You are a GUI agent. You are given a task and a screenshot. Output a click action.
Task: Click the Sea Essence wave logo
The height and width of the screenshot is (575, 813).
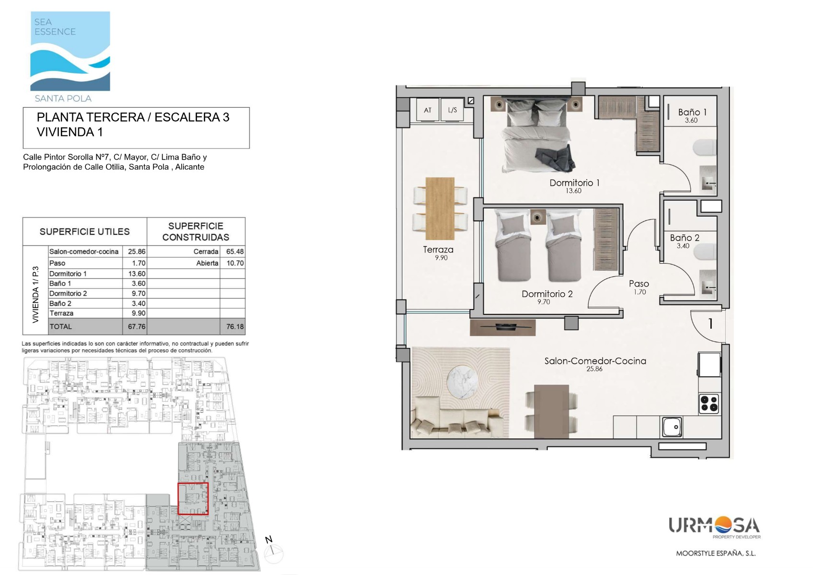[x=70, y=51]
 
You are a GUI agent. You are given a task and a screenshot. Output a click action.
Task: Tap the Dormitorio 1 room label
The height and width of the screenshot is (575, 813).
[x=574, y=183]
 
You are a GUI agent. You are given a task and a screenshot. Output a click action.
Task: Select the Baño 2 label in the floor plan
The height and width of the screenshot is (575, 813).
[x=685, y=238]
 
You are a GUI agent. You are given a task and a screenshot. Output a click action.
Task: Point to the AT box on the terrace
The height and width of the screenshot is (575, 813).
[x=428, y=110]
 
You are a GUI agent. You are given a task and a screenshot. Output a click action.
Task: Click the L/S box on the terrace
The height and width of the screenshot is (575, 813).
[x=452, y=110]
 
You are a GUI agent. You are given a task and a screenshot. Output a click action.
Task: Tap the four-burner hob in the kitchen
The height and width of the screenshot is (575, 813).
[x=709, y=404]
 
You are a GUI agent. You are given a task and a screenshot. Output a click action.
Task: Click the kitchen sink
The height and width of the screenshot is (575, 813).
[x=672, y=427]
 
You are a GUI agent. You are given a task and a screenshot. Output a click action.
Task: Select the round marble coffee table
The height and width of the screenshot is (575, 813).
[x=462, y=381]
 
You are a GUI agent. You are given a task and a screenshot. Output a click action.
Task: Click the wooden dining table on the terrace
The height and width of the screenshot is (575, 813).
[x=440, y=208]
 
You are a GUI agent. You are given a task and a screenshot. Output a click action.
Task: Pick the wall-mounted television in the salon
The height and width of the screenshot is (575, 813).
[x=502, y=327]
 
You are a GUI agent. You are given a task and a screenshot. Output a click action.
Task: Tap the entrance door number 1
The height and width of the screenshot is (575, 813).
[x=710, y=323]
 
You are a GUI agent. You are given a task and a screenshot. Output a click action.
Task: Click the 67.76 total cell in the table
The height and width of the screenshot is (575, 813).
[x=137, y=326]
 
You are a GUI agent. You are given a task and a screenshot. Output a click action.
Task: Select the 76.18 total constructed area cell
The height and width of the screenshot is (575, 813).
[x=235, y=326]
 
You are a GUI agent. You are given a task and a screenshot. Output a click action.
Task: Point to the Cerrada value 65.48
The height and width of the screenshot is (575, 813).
[x=235, y=252]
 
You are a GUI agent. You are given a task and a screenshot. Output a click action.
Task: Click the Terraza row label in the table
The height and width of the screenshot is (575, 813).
[x=61, y=313]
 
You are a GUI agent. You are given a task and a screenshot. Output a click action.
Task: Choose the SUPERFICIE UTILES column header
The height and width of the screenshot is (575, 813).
[x=84, y=231]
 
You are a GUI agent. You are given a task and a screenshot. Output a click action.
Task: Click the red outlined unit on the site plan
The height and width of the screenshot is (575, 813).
[x=193, y=498]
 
